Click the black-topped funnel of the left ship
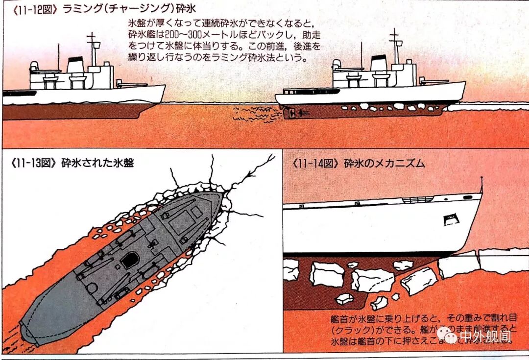pyautogui.click(x=75, y=64)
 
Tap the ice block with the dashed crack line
pyautogui.click(x=373, y=280)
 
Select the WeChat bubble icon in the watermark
pyautogui.click(x=447, y=335)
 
